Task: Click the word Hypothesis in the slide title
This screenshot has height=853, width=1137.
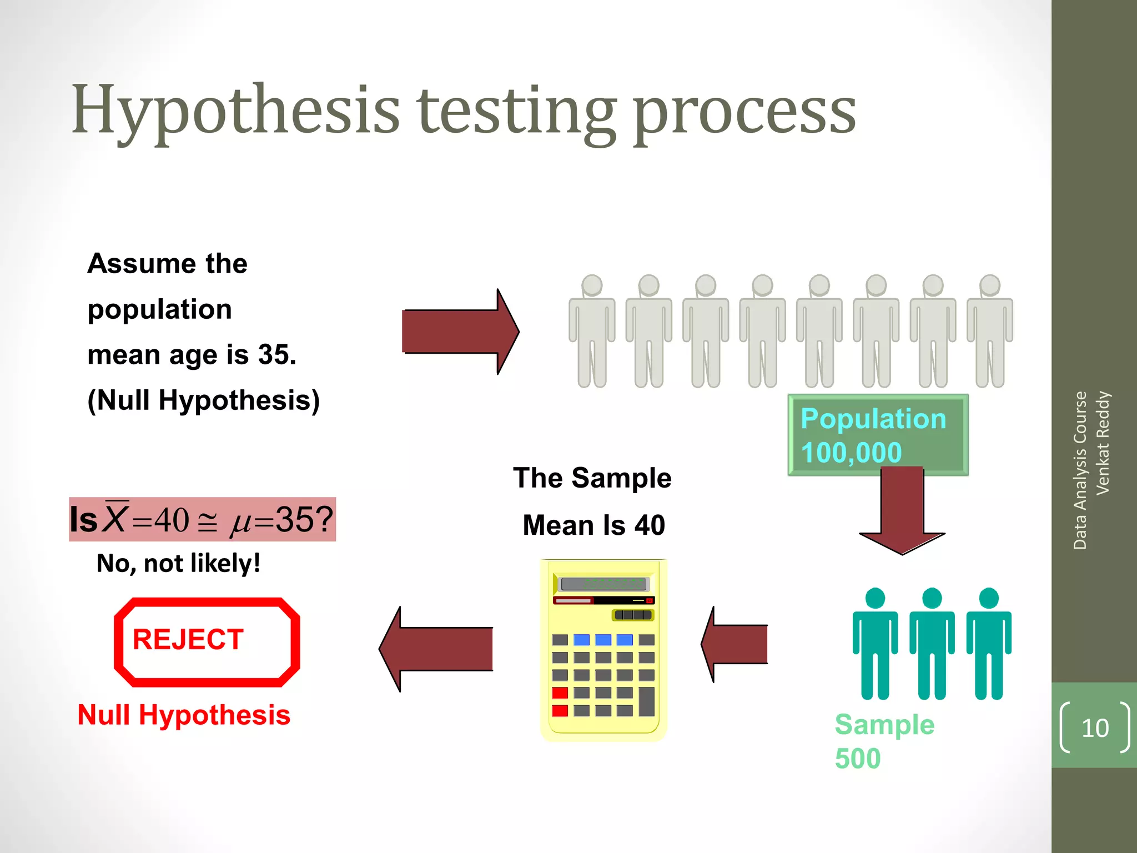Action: (235, 111)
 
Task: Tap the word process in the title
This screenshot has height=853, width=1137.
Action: (744, 114)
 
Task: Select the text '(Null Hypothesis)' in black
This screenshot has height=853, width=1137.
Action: (203, 400)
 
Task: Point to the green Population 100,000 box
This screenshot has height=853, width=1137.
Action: (877, 435)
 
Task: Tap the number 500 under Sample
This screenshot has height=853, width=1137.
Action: (858, 759)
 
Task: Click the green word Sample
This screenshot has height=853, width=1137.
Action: (884, 725)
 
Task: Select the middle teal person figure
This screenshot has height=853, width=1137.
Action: (932, 644)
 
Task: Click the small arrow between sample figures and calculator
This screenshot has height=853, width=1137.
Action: (734, 644)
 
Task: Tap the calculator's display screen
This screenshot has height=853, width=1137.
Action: (603, 584)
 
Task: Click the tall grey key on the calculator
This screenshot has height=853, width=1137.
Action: (647, 701)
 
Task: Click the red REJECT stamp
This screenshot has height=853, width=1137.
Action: (207, 641)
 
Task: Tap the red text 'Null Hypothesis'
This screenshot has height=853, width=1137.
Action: (184, 715)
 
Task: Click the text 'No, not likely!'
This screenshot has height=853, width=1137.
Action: (178, 563)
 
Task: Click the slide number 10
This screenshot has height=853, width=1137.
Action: (1095, 728)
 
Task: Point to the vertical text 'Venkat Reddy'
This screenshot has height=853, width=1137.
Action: (1103, 443)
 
